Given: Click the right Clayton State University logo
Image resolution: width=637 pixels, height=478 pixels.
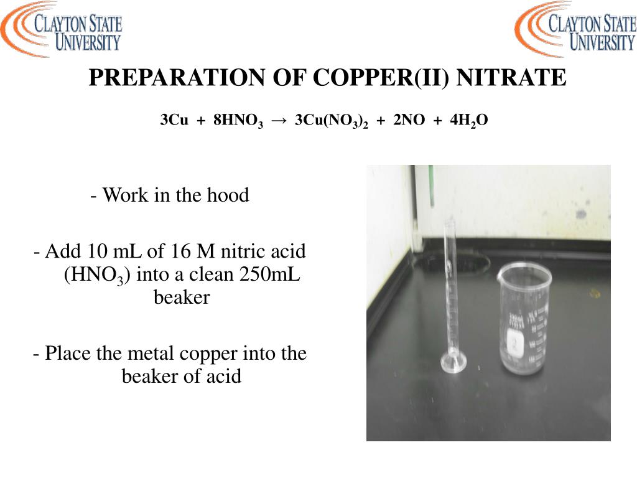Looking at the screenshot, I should [x=575, y=30].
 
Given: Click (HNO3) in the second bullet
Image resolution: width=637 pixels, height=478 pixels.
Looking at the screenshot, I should [x=96, y=275].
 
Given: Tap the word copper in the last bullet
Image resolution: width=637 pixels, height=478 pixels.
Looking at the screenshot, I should [x=208, y=354].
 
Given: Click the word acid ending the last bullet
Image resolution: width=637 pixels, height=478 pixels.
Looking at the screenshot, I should [x=224, y=377].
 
